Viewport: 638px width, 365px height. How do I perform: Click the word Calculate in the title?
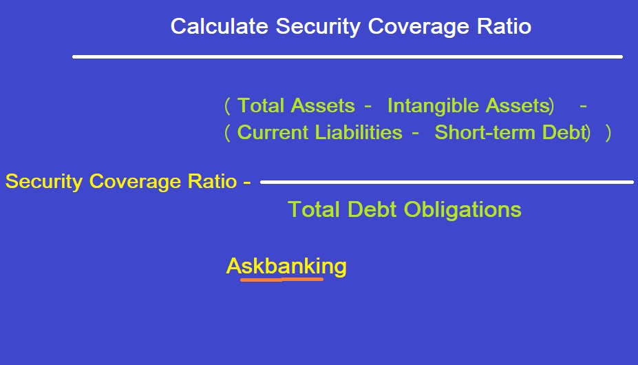220,26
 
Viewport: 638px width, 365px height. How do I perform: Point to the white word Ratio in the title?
504,26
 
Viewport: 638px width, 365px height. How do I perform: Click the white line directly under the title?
348,56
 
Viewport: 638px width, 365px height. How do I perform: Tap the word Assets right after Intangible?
518,105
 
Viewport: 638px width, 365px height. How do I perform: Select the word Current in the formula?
273,132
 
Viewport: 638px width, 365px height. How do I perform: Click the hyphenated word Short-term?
485,132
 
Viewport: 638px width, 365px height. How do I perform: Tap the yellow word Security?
44,182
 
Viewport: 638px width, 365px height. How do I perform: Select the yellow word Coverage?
135,182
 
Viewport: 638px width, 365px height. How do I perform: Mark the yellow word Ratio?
212,181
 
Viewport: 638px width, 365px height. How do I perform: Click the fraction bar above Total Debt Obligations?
447,182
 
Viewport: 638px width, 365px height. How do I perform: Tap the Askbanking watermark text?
286,267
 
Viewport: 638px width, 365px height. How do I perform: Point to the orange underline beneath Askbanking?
282,280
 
